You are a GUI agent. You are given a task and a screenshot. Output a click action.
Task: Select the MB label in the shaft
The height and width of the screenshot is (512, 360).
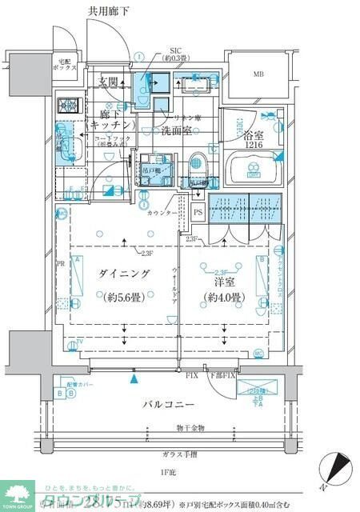click(258, 75)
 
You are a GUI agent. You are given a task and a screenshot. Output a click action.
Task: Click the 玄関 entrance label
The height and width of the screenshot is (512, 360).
click(109, 81)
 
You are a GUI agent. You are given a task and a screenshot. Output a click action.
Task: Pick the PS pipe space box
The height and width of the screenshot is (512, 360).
click(198, 211)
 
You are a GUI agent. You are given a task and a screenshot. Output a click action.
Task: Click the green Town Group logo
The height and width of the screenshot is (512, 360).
click(18, 495)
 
